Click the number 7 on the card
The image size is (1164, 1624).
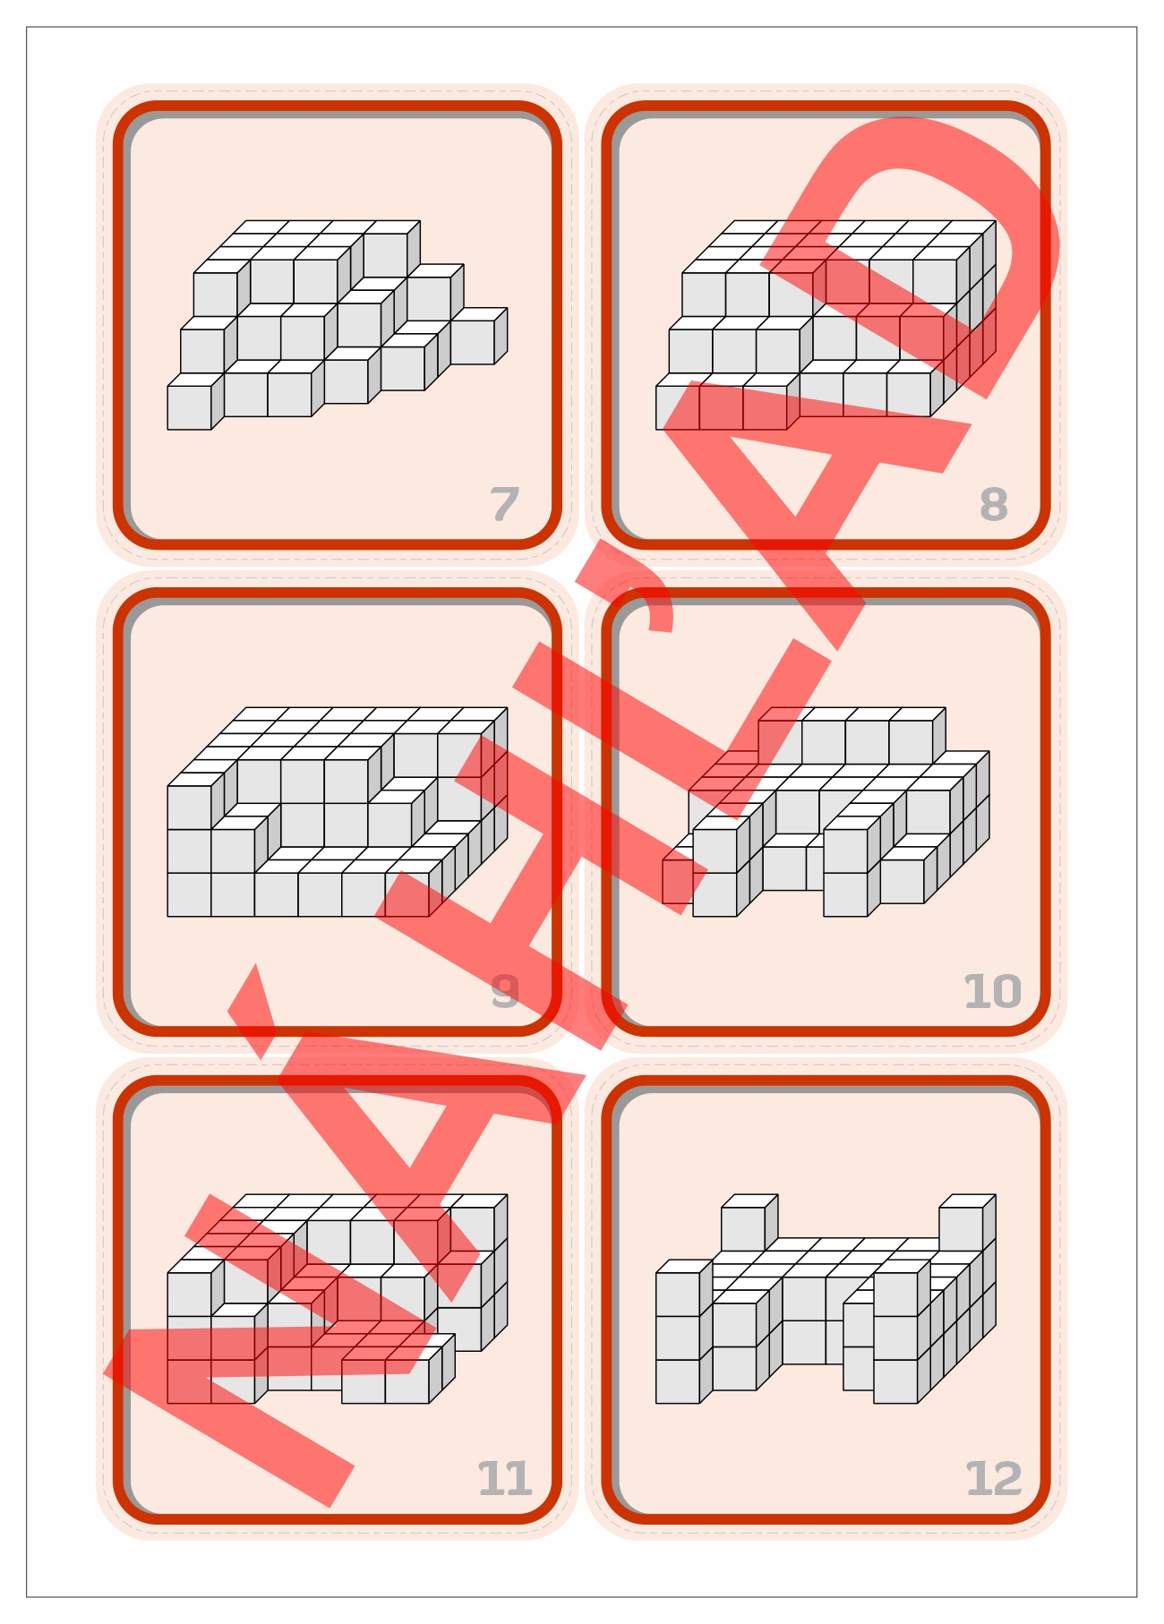pos(505,504)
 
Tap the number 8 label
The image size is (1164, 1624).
pos(994,504)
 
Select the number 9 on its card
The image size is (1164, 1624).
pos(505,991)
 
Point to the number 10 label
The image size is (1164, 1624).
pos(992,991)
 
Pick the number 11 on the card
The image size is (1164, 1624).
pos(505,1478)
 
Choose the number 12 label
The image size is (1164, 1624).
pos(993,1478)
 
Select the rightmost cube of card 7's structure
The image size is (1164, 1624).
pos(478,337)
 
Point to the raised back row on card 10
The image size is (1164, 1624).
pos(852,736)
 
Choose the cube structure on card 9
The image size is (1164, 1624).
pos(338,812)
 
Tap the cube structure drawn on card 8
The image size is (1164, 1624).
pos(826,325)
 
